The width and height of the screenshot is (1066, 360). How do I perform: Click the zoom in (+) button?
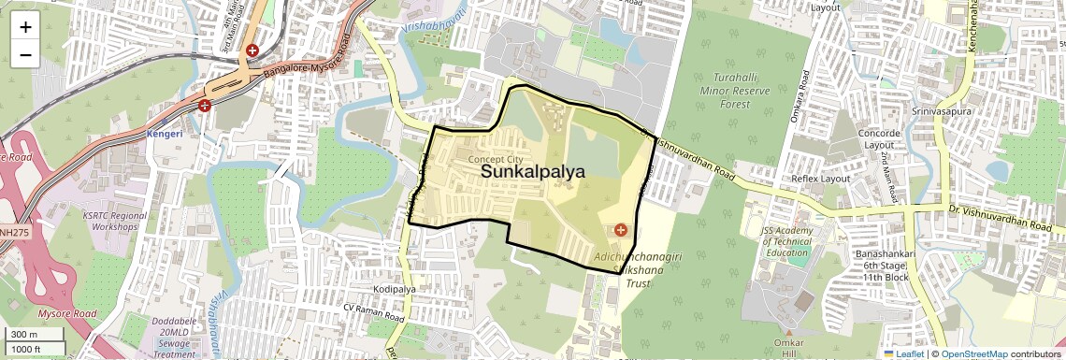[25, 27]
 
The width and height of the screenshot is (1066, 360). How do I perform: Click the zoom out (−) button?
[25, 55]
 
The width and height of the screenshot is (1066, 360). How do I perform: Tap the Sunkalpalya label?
[532, 172]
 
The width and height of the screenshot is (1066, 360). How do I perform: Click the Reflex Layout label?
[820, 179]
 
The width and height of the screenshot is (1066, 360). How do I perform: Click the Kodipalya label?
[392, 289]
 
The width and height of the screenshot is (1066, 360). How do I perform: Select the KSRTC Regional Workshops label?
[115, 222]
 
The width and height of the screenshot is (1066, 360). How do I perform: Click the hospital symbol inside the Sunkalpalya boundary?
[619, 230]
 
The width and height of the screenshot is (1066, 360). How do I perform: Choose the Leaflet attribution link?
[904, 353]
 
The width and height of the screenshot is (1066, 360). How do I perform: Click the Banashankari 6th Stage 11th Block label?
[883, 266]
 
